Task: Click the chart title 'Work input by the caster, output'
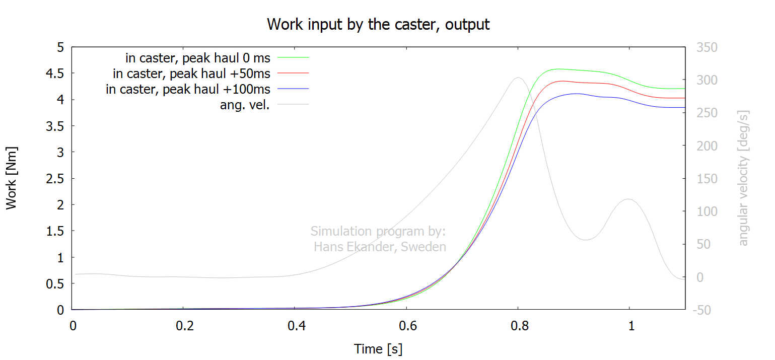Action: pyautogui.click(x=378, y=25)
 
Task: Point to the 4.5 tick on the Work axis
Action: pyautogui.click(x=55, y=74)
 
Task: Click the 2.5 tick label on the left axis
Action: pyautogui.click(x=55, y=178)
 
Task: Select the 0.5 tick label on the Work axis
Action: pyautogui.click(x=55, y=283)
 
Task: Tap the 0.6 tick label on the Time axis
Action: pyautogui.click(x=407, y=326)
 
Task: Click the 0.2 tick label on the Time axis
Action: pyautogui.click(x=184, y=326)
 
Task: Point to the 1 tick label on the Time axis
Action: pyautogui.click(x=631, y=326)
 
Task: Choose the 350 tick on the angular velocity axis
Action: pyautogui.click(x=707, y=47)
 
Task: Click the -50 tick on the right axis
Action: pyautogui.click(x=701, y=310)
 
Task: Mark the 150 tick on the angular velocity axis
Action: pyautogui.click(x=707, y=178)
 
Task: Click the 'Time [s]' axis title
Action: pyautogui.click(x=378, y=349)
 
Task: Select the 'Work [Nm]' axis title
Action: pyautogui.click(x=11, y=178)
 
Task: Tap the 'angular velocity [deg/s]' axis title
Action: pyautogui.click(x=743, y=178)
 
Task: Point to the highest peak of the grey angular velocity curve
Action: pyautogui.click(x=518, y=78)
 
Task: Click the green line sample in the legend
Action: pyautogui.click(x=293, y=57)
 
